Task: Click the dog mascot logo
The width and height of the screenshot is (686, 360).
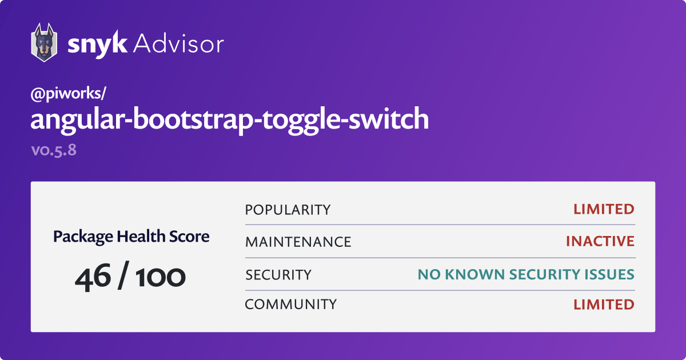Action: [43, 43]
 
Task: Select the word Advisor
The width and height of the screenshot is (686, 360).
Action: [178, 43]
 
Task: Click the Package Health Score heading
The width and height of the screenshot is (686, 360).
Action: [131, 237]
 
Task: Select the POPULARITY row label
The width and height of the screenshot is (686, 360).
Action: [288, 210]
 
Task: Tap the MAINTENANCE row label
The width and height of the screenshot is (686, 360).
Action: [298, 242]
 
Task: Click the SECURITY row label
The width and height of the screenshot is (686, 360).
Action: [278, 275]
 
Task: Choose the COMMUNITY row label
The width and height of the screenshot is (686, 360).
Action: [290, 305]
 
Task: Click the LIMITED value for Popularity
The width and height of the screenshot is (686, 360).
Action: [604, 210]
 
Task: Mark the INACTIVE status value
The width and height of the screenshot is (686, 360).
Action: [600, 242]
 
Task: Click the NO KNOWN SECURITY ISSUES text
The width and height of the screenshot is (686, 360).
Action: [527, 275]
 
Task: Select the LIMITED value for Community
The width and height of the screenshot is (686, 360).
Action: [604, 305]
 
